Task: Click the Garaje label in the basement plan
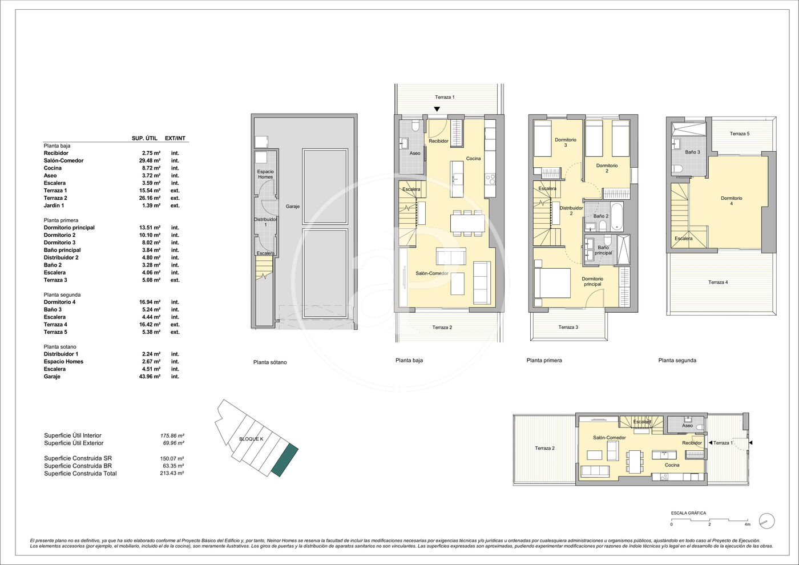[x=292, y=206]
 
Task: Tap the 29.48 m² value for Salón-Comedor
[x=150, y=160]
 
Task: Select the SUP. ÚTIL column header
[x=144, y=138]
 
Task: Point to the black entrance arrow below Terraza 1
[x=437, y=109]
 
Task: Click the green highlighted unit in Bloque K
[x=284, y=460]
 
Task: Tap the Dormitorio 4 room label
[x=731, y=201]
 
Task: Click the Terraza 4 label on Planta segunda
[x=718, y=282]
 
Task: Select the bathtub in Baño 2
[x=617, y=217]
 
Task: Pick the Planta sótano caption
[x=270, y=362]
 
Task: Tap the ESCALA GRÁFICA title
[x=688, y=513]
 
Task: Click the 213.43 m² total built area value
[x=172, y=473]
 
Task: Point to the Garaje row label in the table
[x=52, y=376]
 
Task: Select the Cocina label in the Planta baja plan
[x=473, y=159]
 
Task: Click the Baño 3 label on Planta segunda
[x=692, y=152]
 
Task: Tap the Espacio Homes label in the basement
[x=265, y=174]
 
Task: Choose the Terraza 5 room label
[x=740, y=134]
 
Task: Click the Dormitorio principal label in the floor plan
[x=592, y=281]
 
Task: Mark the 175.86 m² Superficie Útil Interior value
[x=172, y=435]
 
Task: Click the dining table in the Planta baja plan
[x=467, y=223]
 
